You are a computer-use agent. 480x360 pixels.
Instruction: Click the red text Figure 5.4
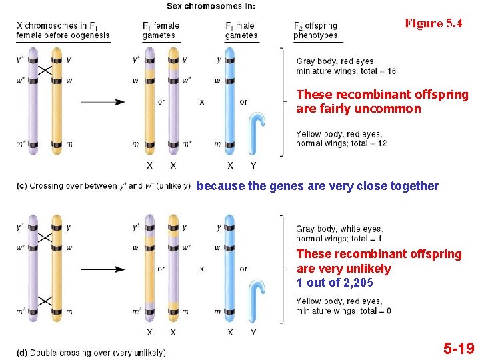tap(433, 23)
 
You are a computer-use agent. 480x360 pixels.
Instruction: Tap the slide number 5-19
tap(459, 348)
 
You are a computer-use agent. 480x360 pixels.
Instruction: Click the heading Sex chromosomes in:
tap(211, 6)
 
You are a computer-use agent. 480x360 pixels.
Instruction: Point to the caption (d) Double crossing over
tap(91, 352)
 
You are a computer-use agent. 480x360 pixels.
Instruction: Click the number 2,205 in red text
tap(353, 283)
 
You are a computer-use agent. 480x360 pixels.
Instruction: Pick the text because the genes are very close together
tap(318, 186)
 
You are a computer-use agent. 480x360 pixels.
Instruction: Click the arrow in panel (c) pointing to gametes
tap(103, 102)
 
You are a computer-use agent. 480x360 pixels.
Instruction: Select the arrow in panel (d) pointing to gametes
tap(103, 269)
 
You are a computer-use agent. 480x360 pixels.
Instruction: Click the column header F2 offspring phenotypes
tap(315, 31)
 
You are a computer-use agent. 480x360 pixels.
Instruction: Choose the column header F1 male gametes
tap(241, 31)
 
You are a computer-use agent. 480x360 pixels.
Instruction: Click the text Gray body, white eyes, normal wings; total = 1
tap(339, 234)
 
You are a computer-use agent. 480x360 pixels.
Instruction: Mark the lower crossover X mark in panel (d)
tap(45, 301)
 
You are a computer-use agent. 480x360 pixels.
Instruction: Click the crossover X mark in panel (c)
tap(45, 70)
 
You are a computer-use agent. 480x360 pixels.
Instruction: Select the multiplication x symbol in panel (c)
tap(201, 102)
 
